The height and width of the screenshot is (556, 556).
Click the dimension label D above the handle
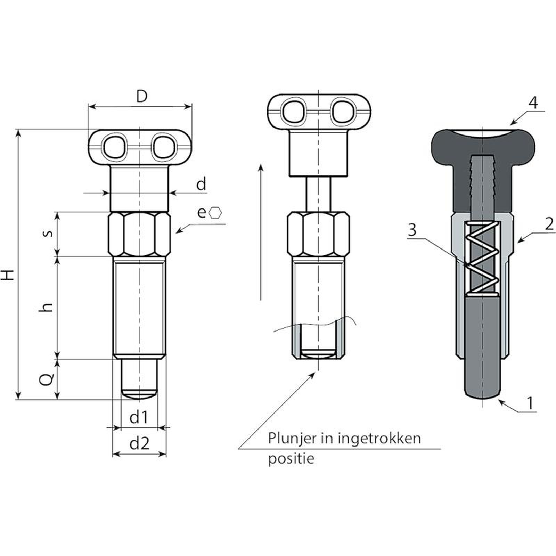[x=142, y=97]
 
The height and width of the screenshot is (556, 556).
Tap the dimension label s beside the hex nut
[x=49, y=233]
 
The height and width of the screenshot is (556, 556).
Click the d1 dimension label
[x=139, y=417]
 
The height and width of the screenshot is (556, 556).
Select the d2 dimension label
[x=139, y=444]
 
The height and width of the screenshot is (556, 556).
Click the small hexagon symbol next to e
[x=215, y=213]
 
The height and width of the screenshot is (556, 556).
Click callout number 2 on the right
[x=549, y=224]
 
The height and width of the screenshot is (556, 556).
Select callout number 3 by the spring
[x=412, y=230]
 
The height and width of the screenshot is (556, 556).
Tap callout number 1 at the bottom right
[x=530, y=403]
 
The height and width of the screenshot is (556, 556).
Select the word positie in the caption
[x=291, y=459]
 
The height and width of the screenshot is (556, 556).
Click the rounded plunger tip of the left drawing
[x=139, y=394]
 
